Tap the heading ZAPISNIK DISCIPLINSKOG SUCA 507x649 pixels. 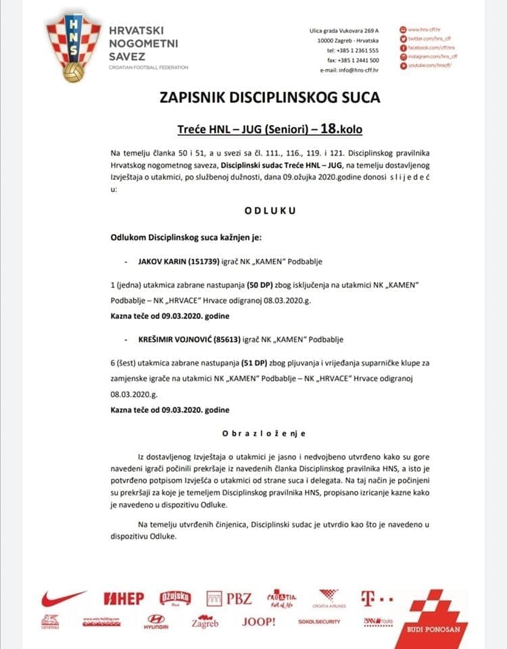(x=269, y=97)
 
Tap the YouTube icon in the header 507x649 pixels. (x=404, y=66)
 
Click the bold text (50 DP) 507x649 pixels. (x=249, y=286)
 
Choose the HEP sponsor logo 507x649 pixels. (x=124, y=599)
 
